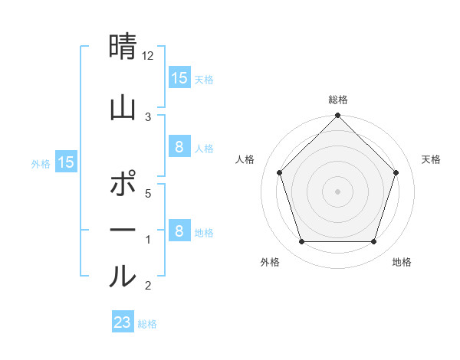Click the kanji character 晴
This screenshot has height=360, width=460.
(123, 47)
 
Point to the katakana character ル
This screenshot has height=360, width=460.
(123, 275)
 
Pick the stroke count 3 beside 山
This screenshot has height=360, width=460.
(148, 116)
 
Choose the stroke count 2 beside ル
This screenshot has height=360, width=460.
(148, 286)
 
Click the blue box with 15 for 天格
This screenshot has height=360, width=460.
(179, 78)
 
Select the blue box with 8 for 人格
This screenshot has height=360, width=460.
(179, 148)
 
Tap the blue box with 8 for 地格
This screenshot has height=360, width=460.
(179, 231)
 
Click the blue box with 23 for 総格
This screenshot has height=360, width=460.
(122, 322)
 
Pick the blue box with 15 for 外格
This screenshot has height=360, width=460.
(66, 162)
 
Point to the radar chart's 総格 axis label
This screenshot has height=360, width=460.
(337, 100)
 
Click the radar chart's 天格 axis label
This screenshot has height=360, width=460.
(432, 159)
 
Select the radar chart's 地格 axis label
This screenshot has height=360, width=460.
(402, 263)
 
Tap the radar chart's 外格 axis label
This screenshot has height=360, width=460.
(270, 263)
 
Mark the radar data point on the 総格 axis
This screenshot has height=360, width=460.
(337, 116)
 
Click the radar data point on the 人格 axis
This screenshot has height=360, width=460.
(279, 172)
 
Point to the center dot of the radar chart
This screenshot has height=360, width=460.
(337, 191)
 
